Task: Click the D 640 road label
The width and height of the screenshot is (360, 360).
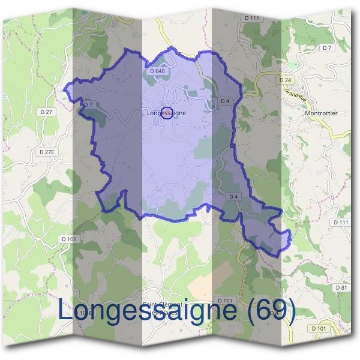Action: tap(156, 71)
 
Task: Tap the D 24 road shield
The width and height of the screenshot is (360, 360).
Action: tap(284, 80)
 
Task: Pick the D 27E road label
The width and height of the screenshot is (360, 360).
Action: tap(46, 152)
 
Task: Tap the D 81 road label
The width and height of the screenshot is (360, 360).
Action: tap(341, 288)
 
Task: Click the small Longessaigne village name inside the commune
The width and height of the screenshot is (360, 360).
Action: tap(166, 112)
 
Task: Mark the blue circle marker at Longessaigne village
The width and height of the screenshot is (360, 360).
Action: tap(168, 112)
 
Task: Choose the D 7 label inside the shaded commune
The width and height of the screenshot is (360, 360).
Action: tap(88, 104)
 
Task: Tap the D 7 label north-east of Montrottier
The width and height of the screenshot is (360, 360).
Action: tap(326, 47)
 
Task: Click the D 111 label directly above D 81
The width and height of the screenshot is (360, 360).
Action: tap(340, 222)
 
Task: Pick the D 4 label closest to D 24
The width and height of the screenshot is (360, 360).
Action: tap(225, 101)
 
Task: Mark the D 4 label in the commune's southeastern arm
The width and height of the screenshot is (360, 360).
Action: tap(233, 197)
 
